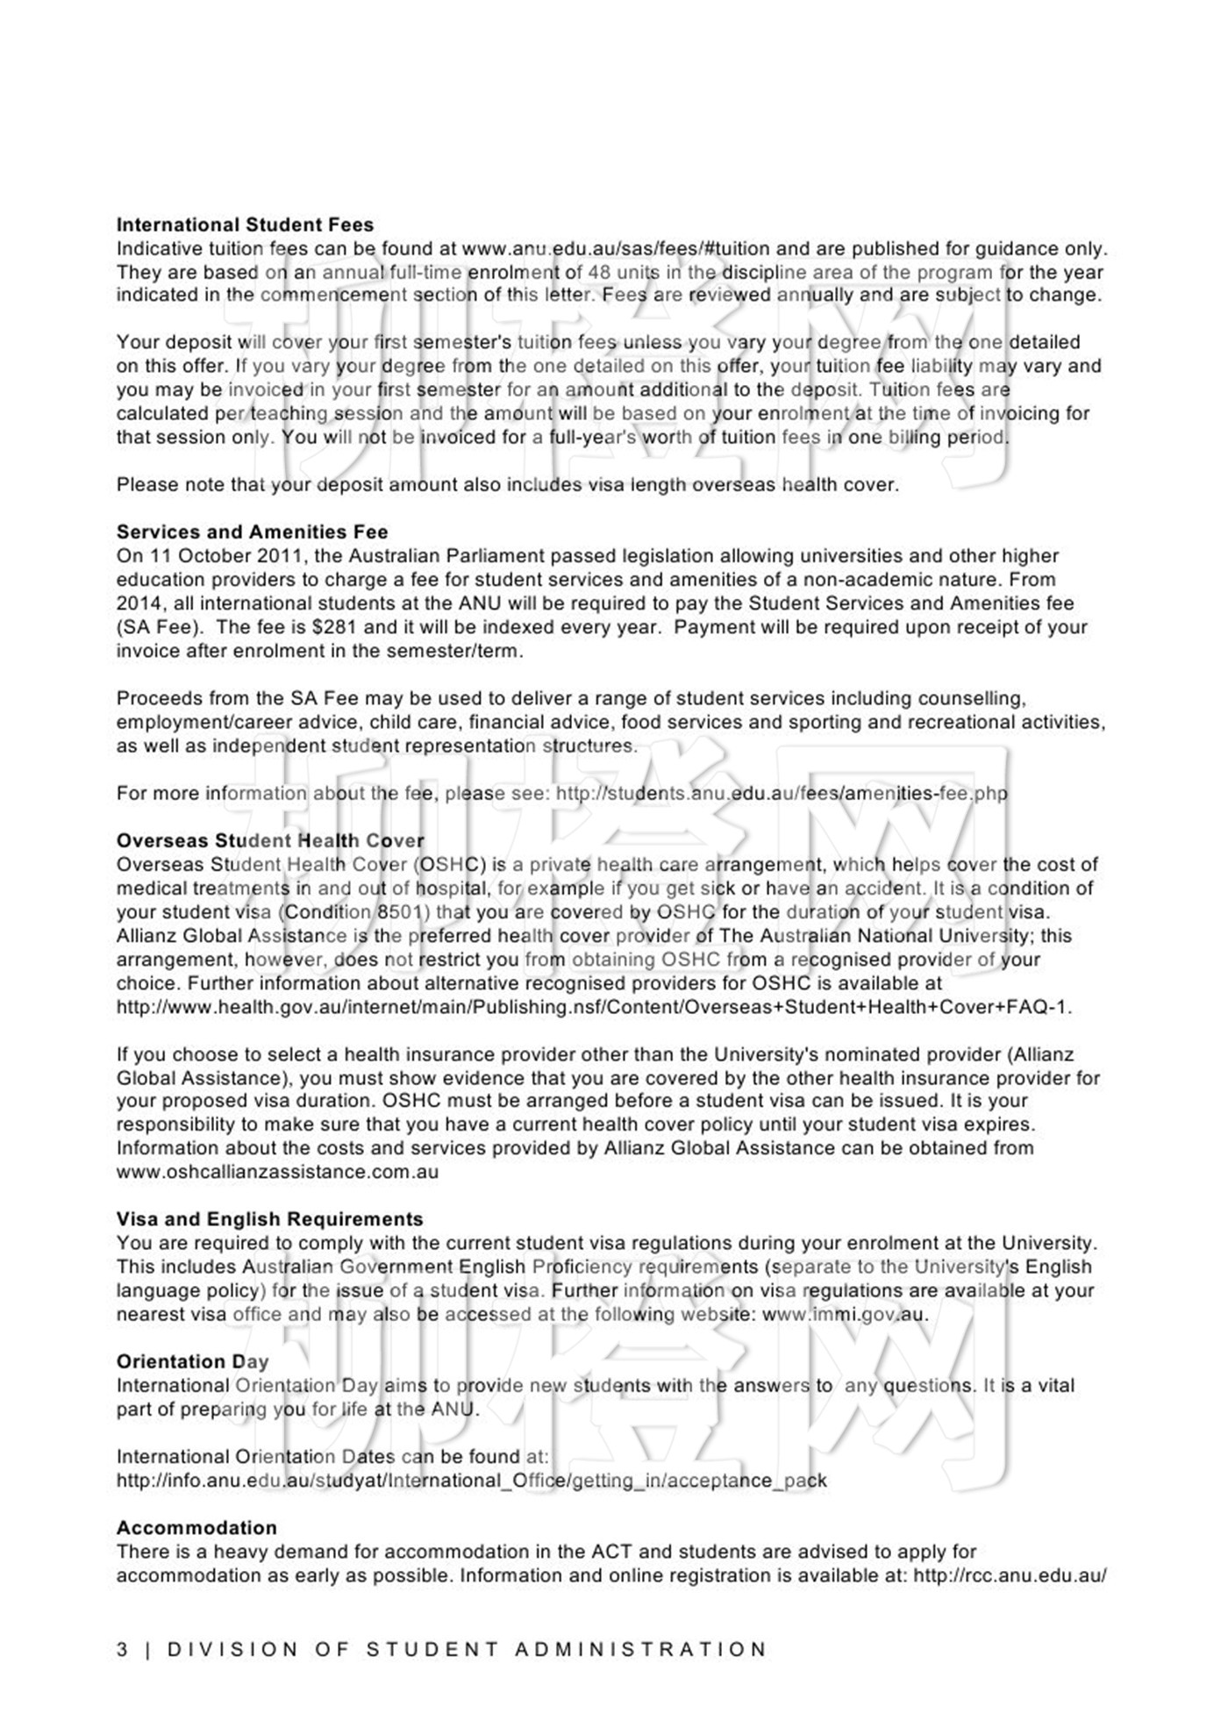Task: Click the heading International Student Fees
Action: coord(245,225)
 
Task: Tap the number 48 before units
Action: coord(599,273)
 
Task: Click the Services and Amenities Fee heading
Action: coord(252,532)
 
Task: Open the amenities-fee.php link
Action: coord(782,794)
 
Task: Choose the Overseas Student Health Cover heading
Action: coord(270,841)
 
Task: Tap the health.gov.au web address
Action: coord(594,1007)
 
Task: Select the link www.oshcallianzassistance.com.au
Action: coord(277,1172)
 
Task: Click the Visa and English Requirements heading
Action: coord(269,1219)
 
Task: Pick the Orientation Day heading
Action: coord(192,1362)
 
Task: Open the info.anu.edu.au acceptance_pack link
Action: coord(471,1481)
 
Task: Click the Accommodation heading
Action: coord(196,1528)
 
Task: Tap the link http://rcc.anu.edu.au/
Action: coord(1009,1575)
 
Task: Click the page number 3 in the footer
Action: coord(122,1650)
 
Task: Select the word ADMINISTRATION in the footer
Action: coord(641,1650)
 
